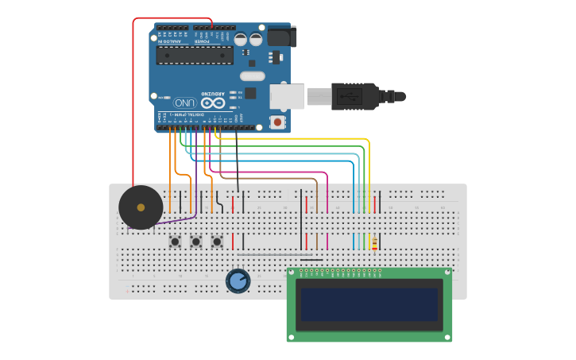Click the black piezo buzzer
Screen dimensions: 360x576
pyautogui.click(x=141, y=207)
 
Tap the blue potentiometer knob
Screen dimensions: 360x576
pyautogui.click(x=238, y=281)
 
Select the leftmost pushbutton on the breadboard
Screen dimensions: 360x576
pyautogui.click(x=175, y=241)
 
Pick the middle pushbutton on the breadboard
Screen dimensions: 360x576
pyautogui.click(x=195, y=241)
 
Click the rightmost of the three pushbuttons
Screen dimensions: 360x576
pyautogui.click(x=216, y=241)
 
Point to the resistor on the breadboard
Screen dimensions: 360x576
pyautogui.click(x=374, y=241)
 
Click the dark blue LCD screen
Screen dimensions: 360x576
pyautogui.click(x=369, y=304)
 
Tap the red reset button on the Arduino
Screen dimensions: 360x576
pyautogui.click(x=276, y=122)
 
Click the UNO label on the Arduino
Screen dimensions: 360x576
pyautogui.click(x=185, y=103)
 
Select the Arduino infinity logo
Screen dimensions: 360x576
pyautogui.click(x=212, y=103)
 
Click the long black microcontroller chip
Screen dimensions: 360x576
pyautogui.click(x=195, y=55)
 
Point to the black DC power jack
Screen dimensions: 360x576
pyautogui.click(x=281, y=37)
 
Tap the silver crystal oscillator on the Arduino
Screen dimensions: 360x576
pyautogui.click(x=251, y=76)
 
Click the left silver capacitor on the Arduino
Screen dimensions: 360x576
pyautogui.click(x=240, y=39)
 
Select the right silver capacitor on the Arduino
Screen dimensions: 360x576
pyautogui.click(x=256, y=39)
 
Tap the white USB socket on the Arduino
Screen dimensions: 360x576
pyautogui.click(x=286, y=96)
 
